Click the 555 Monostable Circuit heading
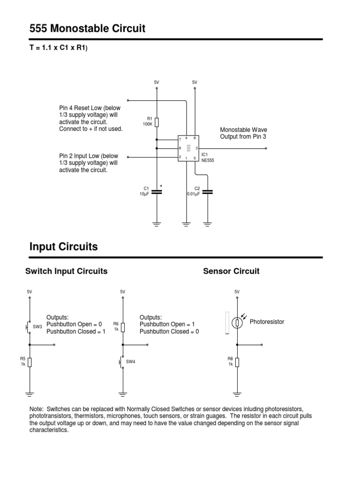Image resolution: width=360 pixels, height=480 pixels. click(87, 29)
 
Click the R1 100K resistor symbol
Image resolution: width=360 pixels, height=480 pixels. click(157, 122)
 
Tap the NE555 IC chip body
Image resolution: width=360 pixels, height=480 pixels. click(188, 148)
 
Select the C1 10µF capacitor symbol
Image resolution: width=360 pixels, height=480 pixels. click(157, 192)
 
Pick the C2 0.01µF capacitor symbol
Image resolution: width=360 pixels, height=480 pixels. click(207, 192)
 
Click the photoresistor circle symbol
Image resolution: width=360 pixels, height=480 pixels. click(237, 323)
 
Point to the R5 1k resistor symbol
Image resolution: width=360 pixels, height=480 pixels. click(30, 362)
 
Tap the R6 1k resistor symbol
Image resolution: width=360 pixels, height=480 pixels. click(123, 327)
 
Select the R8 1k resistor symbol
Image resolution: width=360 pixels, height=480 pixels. click(237, 362)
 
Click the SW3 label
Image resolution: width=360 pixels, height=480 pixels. click(37, 326)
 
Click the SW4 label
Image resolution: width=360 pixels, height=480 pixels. click(131, 362)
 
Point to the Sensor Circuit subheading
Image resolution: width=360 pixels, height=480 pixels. click(231, 271)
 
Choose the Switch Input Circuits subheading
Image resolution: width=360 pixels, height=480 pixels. click(66, 271)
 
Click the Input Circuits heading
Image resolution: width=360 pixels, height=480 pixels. click(63, 247)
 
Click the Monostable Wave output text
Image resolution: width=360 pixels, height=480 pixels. click(243, 133)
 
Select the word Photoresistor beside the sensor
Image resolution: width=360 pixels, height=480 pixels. click(267, 322)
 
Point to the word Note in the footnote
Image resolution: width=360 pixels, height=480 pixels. click(37, 409)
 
